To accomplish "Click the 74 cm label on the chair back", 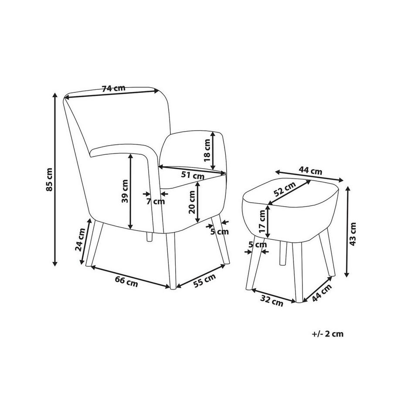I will point(113,88).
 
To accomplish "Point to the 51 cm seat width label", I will point(193,176).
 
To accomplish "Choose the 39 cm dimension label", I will point(125,191).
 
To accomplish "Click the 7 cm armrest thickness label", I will point(156,201).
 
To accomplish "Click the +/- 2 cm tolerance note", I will point(328,334).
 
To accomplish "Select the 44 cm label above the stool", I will point(311,171).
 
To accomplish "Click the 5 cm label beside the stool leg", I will point(257,245).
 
